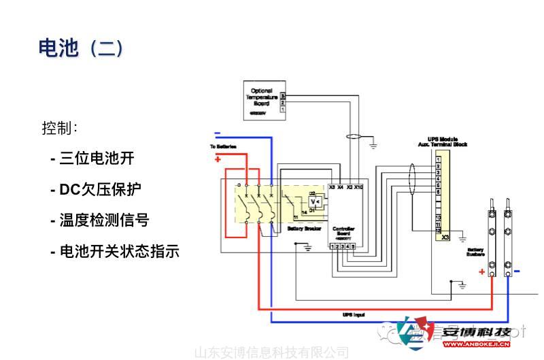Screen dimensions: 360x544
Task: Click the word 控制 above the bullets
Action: [x=59, y=128]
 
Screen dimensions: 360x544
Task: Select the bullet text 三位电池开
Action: [x=92, y=159]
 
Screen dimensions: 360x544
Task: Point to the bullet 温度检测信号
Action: [x=99, y=220]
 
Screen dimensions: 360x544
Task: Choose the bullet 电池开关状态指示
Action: [x=115, y=251]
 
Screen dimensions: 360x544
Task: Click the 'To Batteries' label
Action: [x=222, y=146]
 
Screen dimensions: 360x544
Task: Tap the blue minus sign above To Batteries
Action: [x=217, y=133]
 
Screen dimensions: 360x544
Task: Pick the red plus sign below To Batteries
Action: [x=218, y=159]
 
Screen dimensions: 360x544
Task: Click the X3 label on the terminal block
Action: [x=445, y=238]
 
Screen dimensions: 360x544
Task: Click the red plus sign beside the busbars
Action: [x=481, y=272]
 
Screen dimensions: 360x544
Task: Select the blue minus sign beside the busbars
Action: [x=517, y=272]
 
